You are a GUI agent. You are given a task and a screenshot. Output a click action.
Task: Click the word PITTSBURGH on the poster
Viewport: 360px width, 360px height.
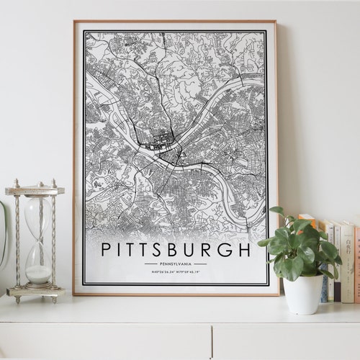tap(176, 250)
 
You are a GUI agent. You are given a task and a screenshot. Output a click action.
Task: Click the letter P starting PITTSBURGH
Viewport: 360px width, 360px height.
tap(106, 250)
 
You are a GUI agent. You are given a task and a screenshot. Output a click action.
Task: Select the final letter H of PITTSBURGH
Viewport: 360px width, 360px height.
tap(245, 250)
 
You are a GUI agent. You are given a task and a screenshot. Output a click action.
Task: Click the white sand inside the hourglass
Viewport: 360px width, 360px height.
tap(37, 273)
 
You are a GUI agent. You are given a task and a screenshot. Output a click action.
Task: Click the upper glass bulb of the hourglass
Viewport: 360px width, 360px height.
tap(37, 217)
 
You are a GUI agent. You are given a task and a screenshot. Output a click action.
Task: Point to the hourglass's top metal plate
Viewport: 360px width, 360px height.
tap(35, 191)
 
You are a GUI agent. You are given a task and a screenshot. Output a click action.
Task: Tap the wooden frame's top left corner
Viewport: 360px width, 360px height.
tap(74, 22)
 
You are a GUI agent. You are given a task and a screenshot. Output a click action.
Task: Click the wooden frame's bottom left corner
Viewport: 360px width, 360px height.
tap(74, 294)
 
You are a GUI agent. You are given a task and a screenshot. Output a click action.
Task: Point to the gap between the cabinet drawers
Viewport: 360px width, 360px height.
tap(212, 342)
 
